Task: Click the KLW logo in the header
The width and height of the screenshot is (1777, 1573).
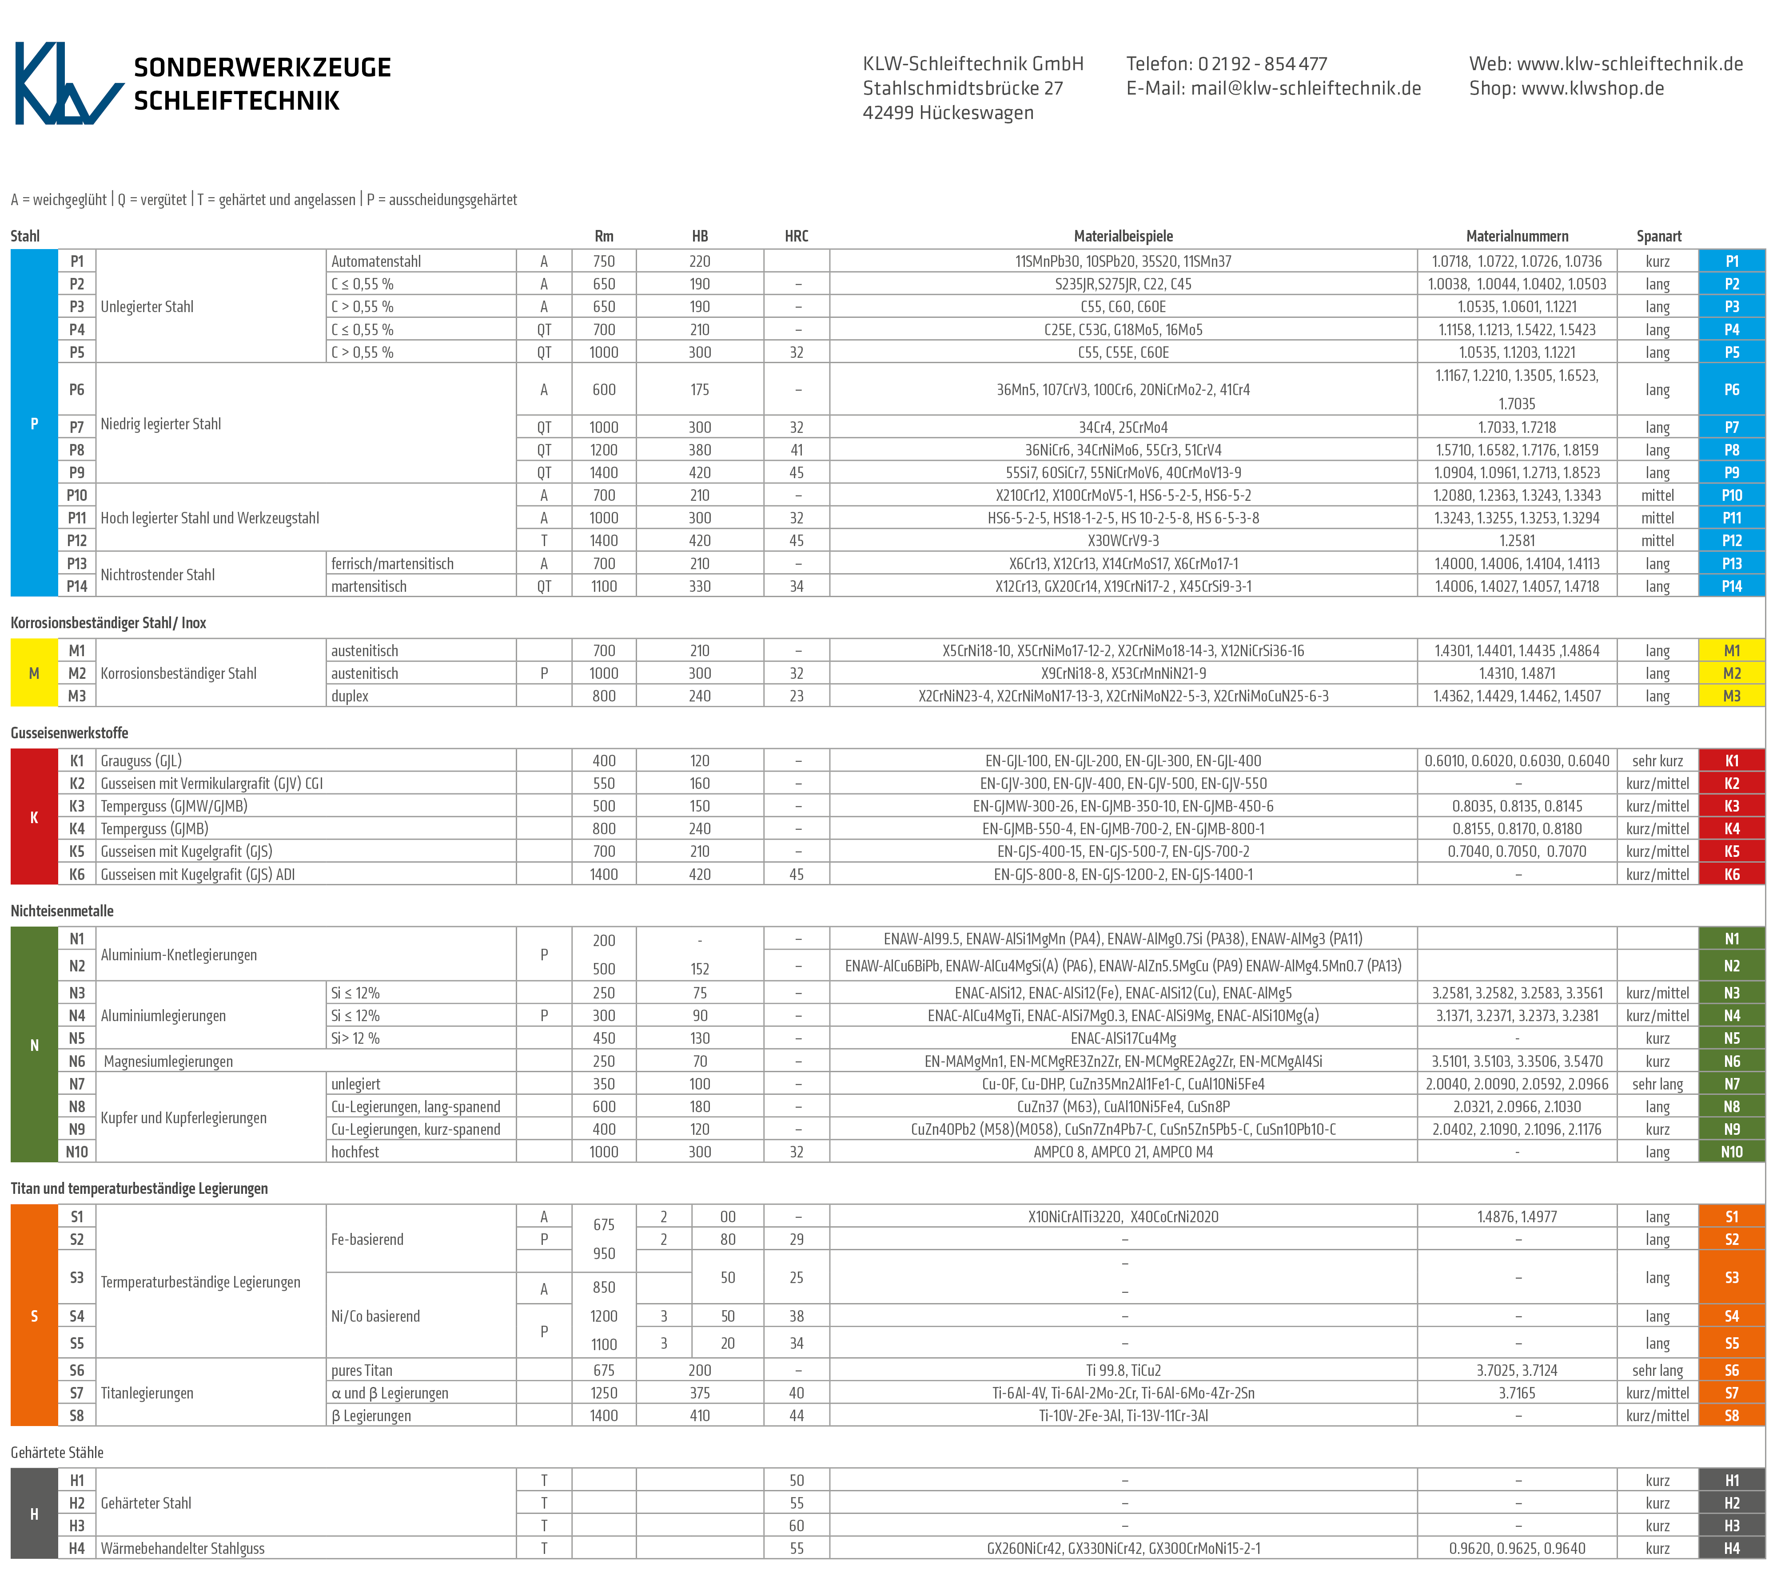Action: tap(68, 83)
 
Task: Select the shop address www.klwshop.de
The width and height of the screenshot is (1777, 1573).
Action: tap(1592, 89)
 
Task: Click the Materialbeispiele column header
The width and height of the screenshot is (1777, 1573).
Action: tap(1122, 236)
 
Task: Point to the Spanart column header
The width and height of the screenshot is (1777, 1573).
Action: tap(1658, 236)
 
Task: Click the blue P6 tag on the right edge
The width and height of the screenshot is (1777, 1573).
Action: tap(1731, 389)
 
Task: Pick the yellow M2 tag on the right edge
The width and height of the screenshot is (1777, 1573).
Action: tap(1731, 674)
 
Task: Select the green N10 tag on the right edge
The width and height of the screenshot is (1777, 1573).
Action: tap(1731, 1152)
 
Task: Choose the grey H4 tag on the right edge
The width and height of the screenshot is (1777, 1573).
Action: tap(1731, 1548)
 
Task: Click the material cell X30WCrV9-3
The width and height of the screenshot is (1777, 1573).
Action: tap(1122, 541)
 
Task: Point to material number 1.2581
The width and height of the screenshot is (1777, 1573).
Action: tap(1517, 541)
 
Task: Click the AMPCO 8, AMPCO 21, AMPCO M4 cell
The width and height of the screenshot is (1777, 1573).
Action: tap(1122, 1152)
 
